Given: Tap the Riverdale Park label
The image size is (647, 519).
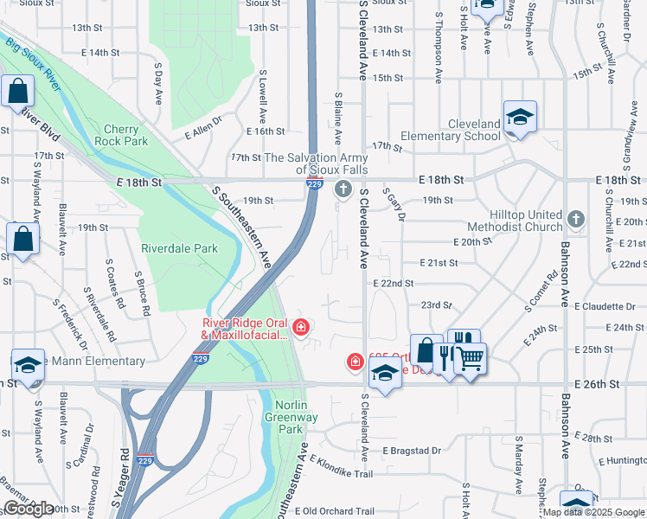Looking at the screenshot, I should point(180,248).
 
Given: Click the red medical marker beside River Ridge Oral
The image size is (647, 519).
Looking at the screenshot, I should point(300,327).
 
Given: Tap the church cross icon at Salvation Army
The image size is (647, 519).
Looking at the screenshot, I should point(343,189).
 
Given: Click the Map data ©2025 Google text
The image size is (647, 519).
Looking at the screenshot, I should point(593,512).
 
